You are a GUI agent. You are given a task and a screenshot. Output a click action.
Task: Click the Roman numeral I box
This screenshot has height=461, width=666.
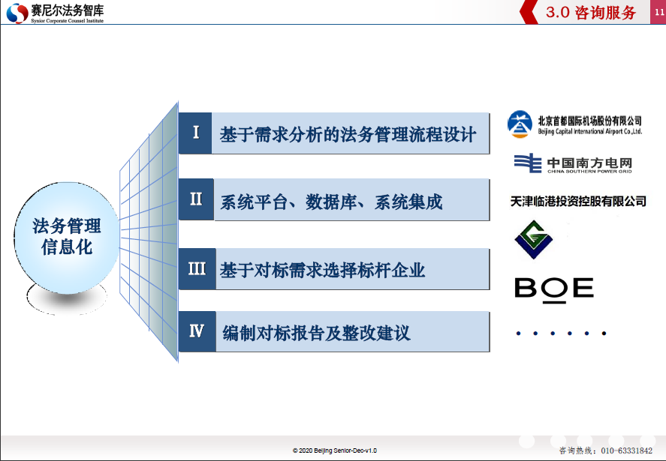(195, 133)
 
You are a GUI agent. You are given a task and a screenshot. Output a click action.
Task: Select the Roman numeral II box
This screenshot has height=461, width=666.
(196, 199)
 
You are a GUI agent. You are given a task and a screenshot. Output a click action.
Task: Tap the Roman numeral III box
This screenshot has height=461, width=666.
(197, 269)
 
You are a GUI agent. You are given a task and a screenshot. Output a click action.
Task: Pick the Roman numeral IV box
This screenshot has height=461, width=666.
(197, 331)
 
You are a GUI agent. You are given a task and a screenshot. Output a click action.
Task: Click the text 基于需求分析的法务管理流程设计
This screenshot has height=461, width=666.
(348, 134)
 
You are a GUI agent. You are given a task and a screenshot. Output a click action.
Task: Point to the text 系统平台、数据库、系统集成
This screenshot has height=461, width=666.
(331, 202)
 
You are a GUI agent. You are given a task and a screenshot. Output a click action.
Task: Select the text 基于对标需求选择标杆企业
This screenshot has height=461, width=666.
(322, 270)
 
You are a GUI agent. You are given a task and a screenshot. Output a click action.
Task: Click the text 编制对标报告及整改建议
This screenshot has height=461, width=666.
(316, 333)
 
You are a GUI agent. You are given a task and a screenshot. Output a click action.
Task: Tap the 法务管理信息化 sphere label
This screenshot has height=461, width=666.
(67, 237)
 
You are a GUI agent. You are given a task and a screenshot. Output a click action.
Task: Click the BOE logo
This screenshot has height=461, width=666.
(554, 290)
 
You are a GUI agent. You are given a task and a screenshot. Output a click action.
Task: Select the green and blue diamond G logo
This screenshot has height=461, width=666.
(534, 240)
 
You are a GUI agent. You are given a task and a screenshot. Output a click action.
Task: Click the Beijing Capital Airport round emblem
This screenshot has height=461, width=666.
(520, 124)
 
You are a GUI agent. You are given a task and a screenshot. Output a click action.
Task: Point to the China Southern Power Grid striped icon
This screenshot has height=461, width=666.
(528, 163)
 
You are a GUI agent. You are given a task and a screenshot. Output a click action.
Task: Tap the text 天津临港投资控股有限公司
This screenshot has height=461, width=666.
(578, 202)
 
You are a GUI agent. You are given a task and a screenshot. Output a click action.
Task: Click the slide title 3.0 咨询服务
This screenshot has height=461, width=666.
(591, 12)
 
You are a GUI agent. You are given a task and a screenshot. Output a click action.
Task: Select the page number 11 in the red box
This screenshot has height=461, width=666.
(658, 12)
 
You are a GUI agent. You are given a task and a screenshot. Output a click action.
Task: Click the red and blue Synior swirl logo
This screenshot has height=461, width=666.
(17, 13)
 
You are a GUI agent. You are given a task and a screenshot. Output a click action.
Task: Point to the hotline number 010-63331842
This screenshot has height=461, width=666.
(626, 451)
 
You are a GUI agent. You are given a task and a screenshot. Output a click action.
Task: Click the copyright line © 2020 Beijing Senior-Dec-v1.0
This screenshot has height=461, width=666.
(334, 451)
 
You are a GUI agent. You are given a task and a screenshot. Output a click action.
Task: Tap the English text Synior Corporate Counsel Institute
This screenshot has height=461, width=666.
(67, 20)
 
